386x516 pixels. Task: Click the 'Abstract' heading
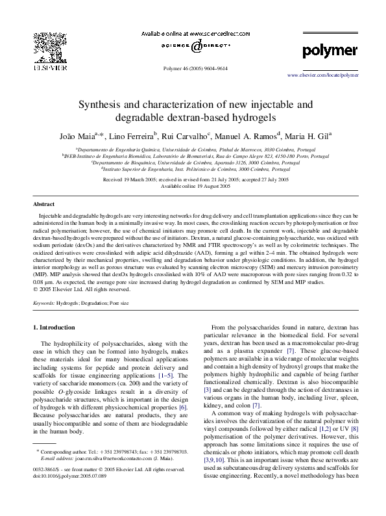[x=43, y=204]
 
